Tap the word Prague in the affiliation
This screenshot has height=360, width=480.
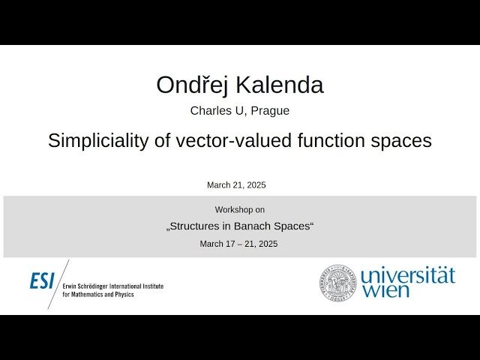[270, 111]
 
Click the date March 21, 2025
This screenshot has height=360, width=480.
[236, 184]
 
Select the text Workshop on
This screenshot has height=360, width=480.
[239, 209]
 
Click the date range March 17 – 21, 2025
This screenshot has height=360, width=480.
[238, 244]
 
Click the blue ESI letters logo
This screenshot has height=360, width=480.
[42, 282]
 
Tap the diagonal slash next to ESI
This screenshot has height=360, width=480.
[58, 283]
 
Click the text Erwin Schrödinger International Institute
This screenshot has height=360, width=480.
[112, 286]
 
